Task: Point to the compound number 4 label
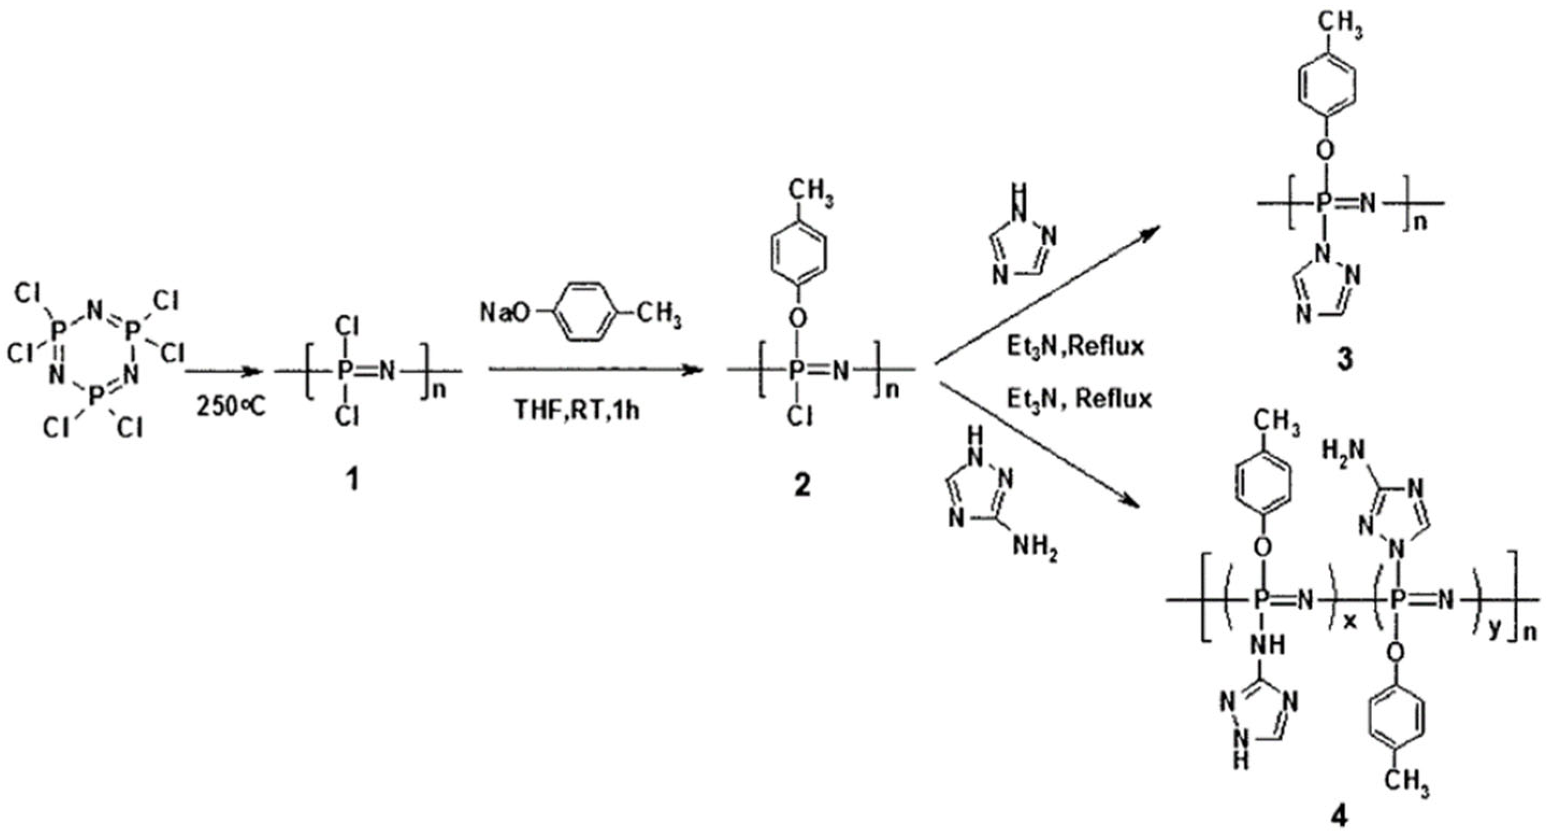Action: (1340, 817)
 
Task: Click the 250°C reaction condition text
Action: (230, 408)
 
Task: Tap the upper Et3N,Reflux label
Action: (1075, 347)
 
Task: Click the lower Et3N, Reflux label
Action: (1079, 399)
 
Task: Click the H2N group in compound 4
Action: (1343, 451)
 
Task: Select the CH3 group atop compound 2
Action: (810, 193)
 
